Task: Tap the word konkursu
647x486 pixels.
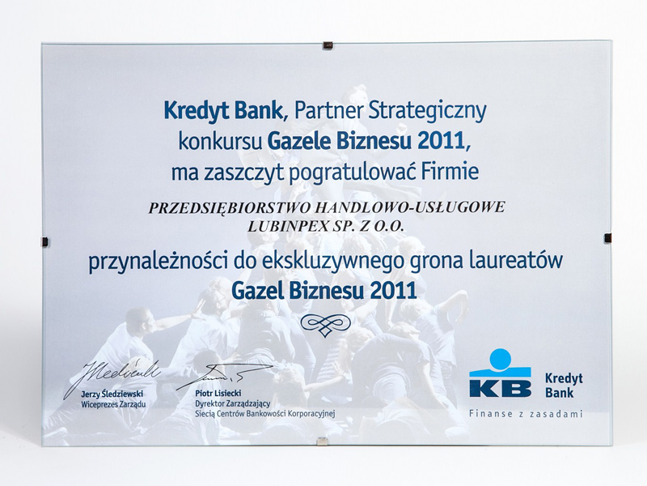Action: (x=220, y=142)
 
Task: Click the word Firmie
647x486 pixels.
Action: (x=449, y=171)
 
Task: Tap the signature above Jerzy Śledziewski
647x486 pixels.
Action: (x=112, y=377)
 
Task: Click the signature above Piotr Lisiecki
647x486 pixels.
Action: (x=210, y=376)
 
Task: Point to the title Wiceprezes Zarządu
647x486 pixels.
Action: (x=113, y=404)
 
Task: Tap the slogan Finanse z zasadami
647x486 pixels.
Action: (x=526, y=413)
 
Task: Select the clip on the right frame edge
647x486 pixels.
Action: (x=608, y=238)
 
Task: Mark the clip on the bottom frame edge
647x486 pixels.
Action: (x=319, y=441)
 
